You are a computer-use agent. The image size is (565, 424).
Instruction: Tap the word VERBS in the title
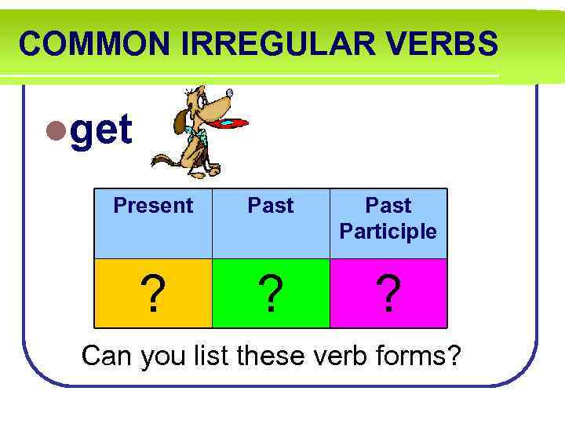tap(450, 44)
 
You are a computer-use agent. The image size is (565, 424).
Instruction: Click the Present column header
tap(153, 206)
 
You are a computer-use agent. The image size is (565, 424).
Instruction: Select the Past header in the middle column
tap(271, 206)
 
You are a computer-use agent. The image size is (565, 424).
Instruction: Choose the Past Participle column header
tap(388, 218)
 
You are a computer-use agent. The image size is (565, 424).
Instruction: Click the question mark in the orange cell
tap(155, 294)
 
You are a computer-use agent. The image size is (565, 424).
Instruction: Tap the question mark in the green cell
tap(271, 294)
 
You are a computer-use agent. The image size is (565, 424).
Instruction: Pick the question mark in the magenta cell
tap(388, 294)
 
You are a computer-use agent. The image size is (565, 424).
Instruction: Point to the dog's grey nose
tap(229, 93)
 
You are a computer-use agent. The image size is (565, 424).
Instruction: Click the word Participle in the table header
tap(388, 232)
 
